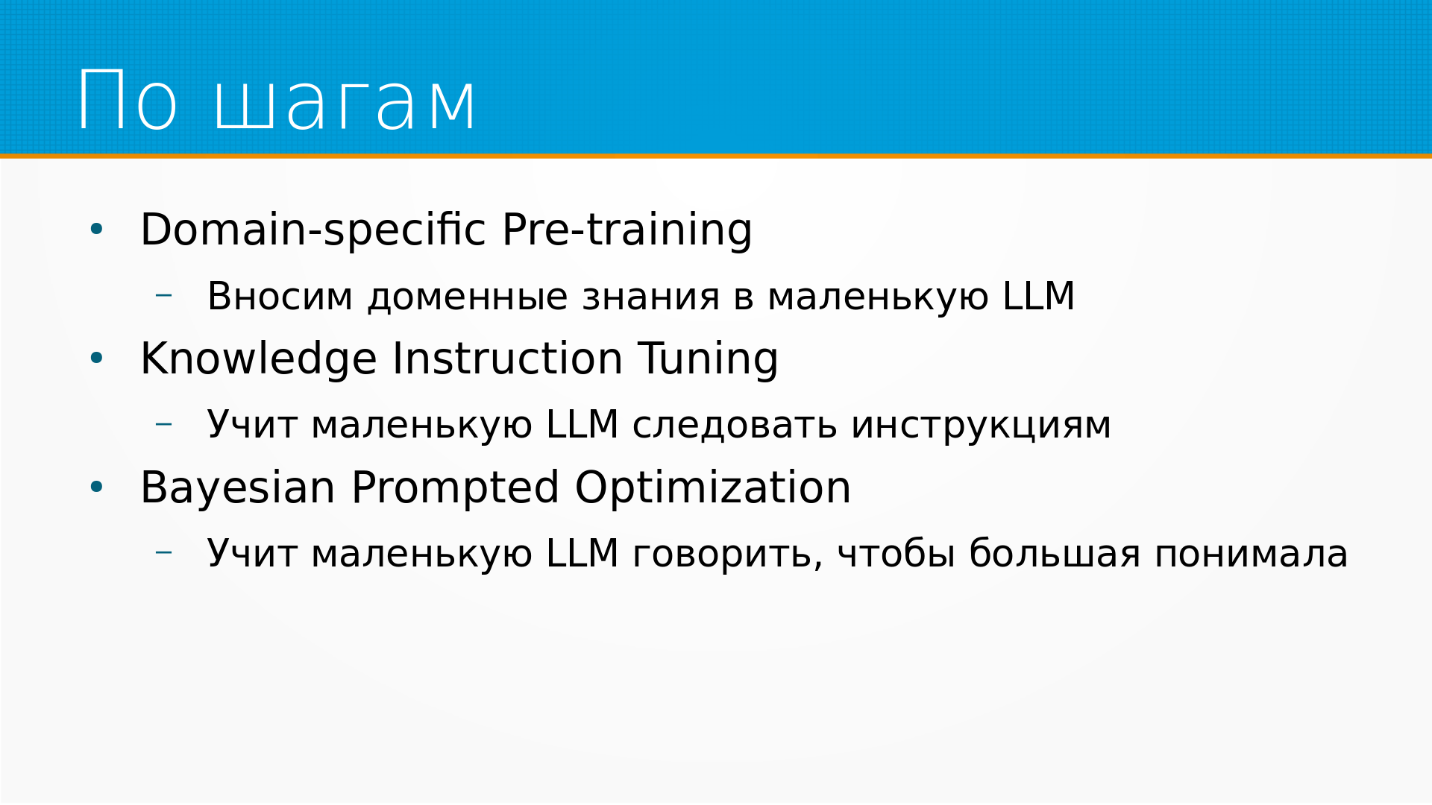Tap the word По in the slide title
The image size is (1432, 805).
(128, 100)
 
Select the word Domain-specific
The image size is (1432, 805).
(313, 229)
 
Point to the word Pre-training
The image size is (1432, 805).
(627, 229)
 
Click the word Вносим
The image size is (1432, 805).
(280, 296)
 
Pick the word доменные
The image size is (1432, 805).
(468, 297)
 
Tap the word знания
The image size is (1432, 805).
(650, 297)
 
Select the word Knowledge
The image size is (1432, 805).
(259, 359)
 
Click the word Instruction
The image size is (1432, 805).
(508, 359)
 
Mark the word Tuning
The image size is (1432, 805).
(708, 359)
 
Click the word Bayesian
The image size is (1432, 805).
(238, 487)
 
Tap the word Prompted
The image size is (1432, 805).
(455, 487)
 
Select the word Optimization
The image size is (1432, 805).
(713, 487)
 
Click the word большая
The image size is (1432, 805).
(1055, 554)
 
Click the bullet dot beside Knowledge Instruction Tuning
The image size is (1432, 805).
(96, 359)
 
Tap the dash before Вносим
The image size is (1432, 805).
(164, 295)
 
